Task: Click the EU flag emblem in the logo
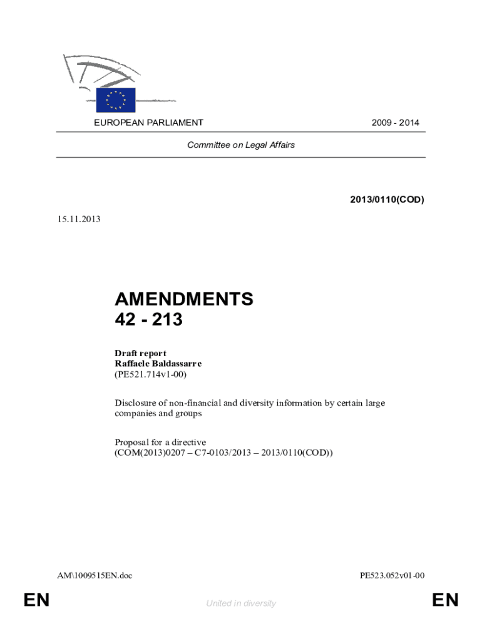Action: (x=116, y=100)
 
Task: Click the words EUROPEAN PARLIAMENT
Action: (x=148, y=123)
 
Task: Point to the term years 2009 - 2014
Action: (x=395, y=123)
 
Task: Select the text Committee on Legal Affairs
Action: (x=241, y=145)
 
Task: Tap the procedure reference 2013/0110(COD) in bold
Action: (x=387, y=200)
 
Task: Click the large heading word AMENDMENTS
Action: (x=184, y=299)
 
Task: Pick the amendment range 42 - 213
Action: (x=148, y=320)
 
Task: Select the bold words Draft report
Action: (x=140, y=354)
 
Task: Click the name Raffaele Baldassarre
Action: (x=158, y=364)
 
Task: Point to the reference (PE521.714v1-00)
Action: (x=151, y=374)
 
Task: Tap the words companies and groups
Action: (x=158, y=414)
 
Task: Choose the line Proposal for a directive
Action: (x=160, y=442)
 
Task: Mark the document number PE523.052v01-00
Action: (x=392, y=575)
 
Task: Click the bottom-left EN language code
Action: (x=36, y=601)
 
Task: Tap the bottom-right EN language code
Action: (x=445, y=601)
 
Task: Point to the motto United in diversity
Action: (x=241, y=603)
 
